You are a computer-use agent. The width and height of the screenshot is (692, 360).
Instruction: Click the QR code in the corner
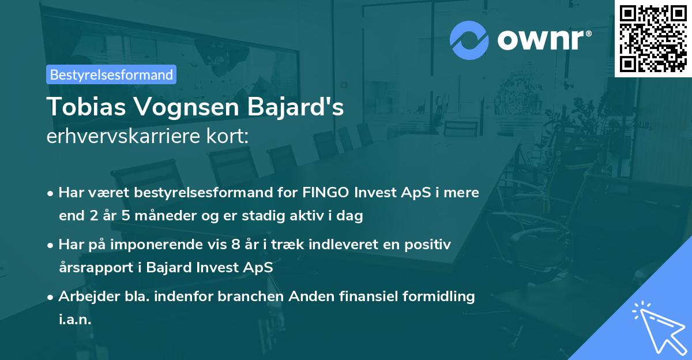tap(653, 38)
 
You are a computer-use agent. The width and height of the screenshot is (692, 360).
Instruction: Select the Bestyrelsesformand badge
tap(111, 74)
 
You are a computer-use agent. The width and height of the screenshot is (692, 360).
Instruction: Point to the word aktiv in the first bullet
tap(321, 216)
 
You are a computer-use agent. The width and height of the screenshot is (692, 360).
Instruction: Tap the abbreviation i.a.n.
tap(75, 320)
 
